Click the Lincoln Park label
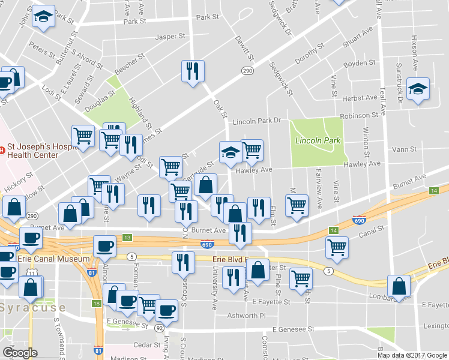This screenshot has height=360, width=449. [x=318, y=140]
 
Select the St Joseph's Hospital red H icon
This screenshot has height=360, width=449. [x=2, y=146]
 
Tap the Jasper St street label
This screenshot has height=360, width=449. [x=169, y=37]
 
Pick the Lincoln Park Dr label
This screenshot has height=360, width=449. [x=257, y=121]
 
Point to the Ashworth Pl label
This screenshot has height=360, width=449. [x=245, y=315]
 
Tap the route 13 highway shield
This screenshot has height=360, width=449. [x=127, y=238]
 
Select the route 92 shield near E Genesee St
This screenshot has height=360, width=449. [x=160, y=328]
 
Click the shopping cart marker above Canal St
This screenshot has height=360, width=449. [x=337, y=246]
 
